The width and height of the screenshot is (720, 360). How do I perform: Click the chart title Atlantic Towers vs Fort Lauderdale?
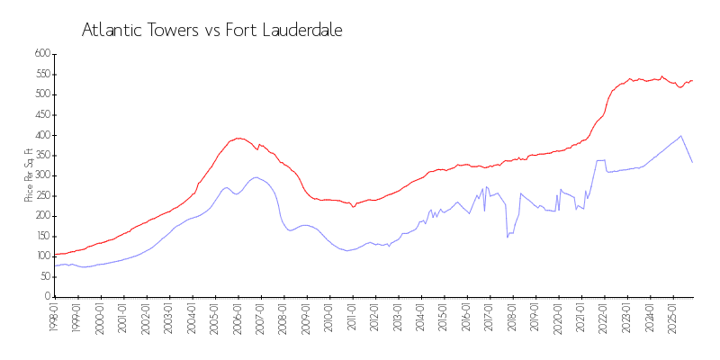(211, 30)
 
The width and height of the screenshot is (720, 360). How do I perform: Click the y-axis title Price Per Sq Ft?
(29, 175)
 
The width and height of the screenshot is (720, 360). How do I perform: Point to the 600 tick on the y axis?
(41, 54)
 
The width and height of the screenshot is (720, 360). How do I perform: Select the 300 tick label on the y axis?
(41, 175)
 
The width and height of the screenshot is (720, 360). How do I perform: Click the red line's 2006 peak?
(238, 138)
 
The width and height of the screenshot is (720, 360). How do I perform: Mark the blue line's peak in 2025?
(680, 136)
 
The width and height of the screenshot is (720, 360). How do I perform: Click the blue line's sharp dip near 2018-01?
(508, 237)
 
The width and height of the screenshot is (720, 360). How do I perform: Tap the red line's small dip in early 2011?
(354, 207)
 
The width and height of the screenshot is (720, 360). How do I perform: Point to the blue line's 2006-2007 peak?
(256, 177)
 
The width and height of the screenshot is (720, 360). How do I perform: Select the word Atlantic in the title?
(111, 30)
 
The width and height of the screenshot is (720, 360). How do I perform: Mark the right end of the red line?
(692, 80)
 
